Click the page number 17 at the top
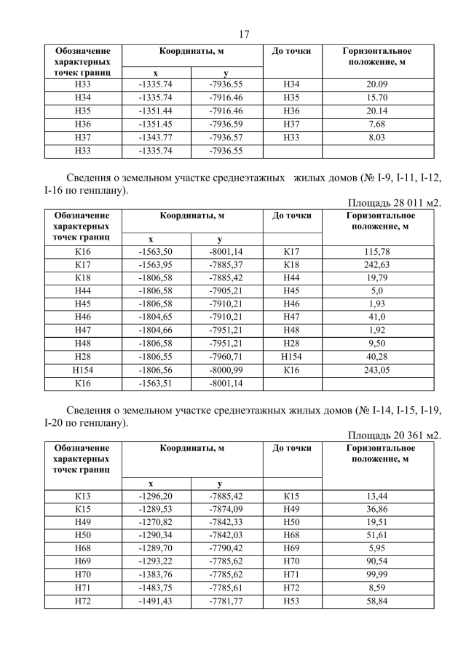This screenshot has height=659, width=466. [244, 33]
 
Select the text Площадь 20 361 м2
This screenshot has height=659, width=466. [394, 435]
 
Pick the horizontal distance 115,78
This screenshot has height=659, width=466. [378, 251]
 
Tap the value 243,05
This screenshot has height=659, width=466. [378, 370]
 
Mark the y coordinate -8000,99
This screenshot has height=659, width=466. [226, 370]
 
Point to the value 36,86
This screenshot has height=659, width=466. [378, 510]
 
